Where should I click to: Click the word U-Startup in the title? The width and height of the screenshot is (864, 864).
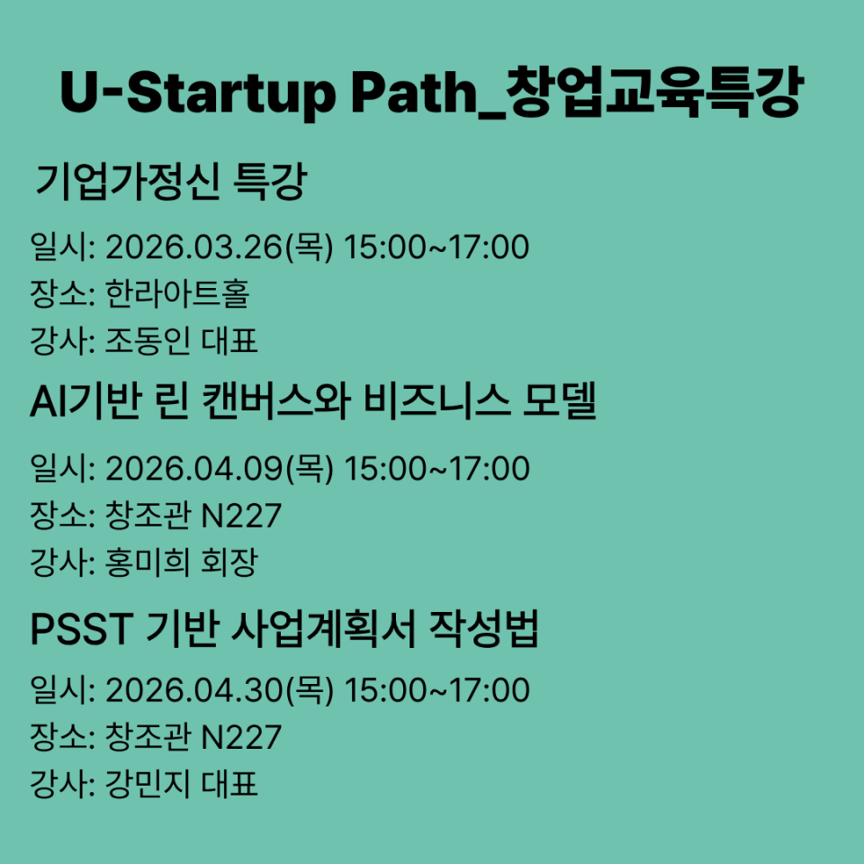[197, 93]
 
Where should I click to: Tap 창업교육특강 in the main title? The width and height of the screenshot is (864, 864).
[654, 93]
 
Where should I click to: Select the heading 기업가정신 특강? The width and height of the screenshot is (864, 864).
[171, 181]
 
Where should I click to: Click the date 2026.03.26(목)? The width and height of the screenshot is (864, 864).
[220, 247]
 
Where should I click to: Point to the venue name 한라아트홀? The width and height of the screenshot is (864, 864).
[177, 293]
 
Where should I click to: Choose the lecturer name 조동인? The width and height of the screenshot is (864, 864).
[147, 341]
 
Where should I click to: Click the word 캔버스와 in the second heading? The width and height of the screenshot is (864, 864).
[276, 401]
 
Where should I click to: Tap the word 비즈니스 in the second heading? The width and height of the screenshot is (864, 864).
[436, 401]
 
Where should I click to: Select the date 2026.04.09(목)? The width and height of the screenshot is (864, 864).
[220, 469]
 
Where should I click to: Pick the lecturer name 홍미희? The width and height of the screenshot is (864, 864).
[147, 562]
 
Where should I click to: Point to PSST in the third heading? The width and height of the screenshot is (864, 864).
[82, 629]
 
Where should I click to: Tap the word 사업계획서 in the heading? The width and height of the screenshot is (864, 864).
[323, 629]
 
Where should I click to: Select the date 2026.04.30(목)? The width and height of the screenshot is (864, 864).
[220, 690]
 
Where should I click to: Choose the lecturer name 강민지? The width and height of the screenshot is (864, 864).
[147, 784]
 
